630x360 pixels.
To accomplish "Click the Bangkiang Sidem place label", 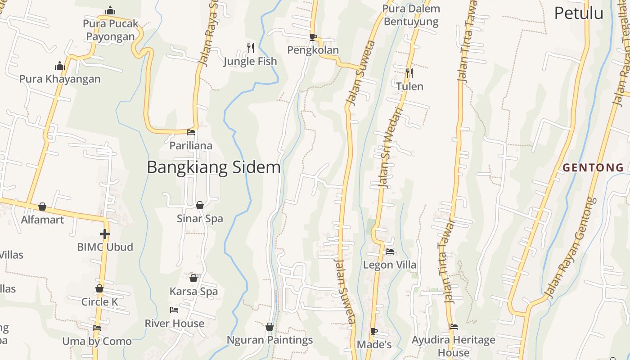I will [x=213, y=167].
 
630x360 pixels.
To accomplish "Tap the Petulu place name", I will [x=578, y=13].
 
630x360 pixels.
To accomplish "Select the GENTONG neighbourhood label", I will [x=593, y=168].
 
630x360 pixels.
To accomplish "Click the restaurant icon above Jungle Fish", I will [x=251, y=47].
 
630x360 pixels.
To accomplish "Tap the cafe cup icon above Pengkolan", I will [x=313, y=37].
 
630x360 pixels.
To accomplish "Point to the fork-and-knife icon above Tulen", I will [x=409, y=73].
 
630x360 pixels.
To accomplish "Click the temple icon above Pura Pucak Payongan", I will [x=110, y=10].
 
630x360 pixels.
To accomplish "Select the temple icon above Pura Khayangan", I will [x=60, y=66].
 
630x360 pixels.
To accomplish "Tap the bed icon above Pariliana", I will [x=191, y=132].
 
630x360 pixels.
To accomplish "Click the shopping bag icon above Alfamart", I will [x=42, y=207].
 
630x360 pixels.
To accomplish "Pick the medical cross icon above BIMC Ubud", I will [x=105, y=234].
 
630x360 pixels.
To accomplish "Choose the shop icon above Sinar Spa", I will [x=200, y=205].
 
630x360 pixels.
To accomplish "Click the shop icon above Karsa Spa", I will [x=193, y=278].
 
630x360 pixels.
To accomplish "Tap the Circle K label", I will [x=100, y=301].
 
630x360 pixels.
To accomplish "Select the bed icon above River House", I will [x=174, y=310].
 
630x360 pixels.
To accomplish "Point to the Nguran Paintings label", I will [x=270, y=340].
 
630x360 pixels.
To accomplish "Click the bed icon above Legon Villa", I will [x=390, y=252].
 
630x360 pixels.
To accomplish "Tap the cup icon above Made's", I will [x=374, y=331].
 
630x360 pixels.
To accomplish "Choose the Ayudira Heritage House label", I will [x=453, y=346].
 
